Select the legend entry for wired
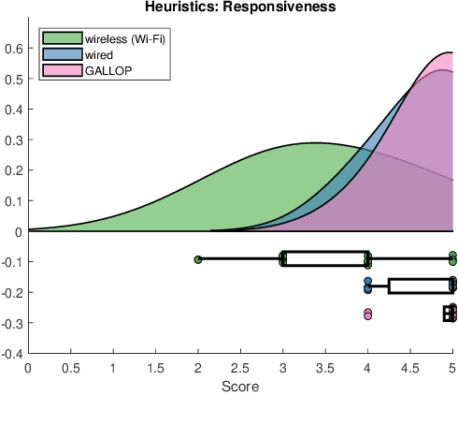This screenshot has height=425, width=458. tap(98, 55)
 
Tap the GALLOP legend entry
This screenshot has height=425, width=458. tap(104, 70)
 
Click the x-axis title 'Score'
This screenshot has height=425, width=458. tap(240, 386)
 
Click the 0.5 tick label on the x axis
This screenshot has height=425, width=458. tap(70, 368)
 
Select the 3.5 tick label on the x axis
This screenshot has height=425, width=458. tap(325, 368)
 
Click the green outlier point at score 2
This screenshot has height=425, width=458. tap(198, 258)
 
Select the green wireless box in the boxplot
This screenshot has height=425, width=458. tap(325, 258)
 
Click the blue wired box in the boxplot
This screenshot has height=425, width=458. tap(421, 286)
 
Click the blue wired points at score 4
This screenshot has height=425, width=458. tap(368, 285)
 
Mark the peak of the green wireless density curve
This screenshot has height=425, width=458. tap(317, 143)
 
